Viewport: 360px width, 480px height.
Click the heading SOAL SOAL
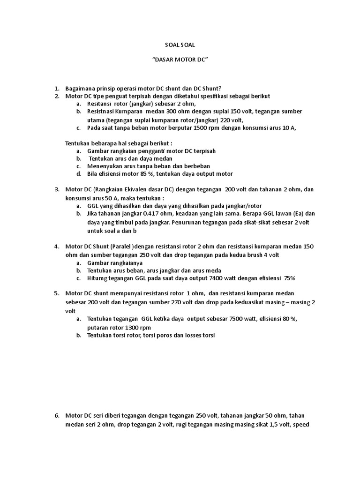tap(180, 46)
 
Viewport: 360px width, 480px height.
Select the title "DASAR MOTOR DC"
tap(180, 61)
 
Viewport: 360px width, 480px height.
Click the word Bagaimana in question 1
tap(81, 89)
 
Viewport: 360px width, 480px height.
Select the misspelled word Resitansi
tap(100, 104)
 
